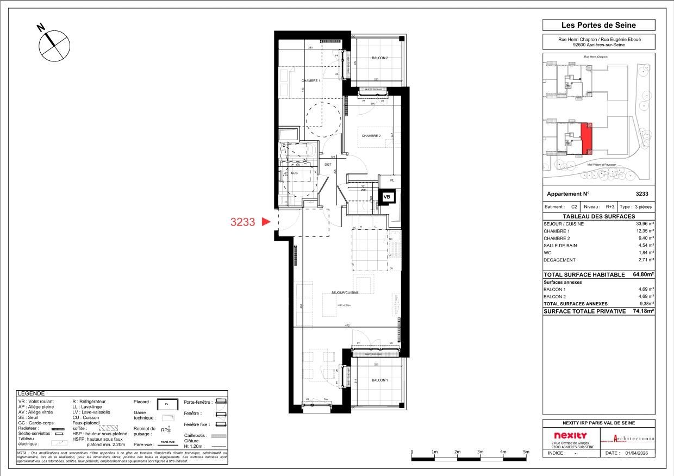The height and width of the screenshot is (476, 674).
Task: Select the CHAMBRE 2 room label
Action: tap(371, 136)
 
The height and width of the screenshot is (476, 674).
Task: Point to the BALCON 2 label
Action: tap(379, 58)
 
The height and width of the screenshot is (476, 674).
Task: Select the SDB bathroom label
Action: tap(294, 173)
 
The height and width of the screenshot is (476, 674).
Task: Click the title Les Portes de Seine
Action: tap(598, 25)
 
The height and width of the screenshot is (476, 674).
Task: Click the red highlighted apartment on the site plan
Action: tap(586, 138)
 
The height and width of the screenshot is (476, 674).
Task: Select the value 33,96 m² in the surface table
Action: tap(645, 224)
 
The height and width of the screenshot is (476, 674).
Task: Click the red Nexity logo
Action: tap(570, 436)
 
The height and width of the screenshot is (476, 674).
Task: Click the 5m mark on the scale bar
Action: tap(526, 452)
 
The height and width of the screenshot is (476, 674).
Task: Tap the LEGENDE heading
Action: tap(31, 393)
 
